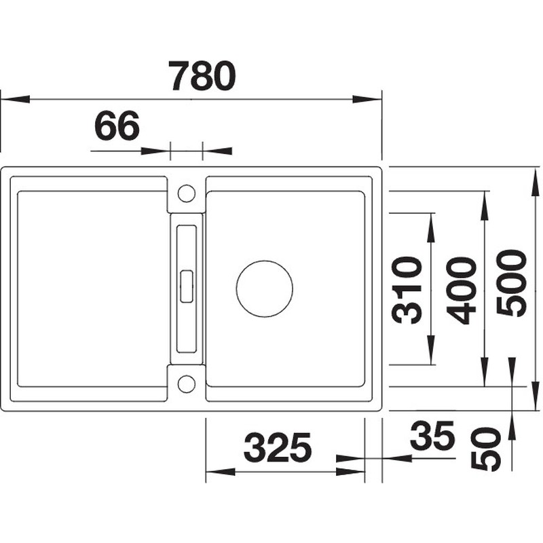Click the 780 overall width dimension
point(202,76)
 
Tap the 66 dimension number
point(117,126)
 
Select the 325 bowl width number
point(278,448)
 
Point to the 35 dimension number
point(432,435)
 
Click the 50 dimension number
point(486,449)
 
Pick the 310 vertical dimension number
point(407,291)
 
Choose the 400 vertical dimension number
point(461,291)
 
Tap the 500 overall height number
point(511,283)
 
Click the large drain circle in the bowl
point(265,289)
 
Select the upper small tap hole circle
point(187,193)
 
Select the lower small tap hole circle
point(187,383)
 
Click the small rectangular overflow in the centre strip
point(186,286)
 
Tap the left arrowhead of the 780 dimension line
point(16,99)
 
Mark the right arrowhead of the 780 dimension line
point(367,99)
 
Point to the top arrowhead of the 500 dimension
point(536,181)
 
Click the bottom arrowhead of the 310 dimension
point(431,350)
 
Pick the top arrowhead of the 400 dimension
point(484,205)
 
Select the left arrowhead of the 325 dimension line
point(221,472)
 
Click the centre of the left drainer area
point(90,289)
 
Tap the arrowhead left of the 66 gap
point(155,151)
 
